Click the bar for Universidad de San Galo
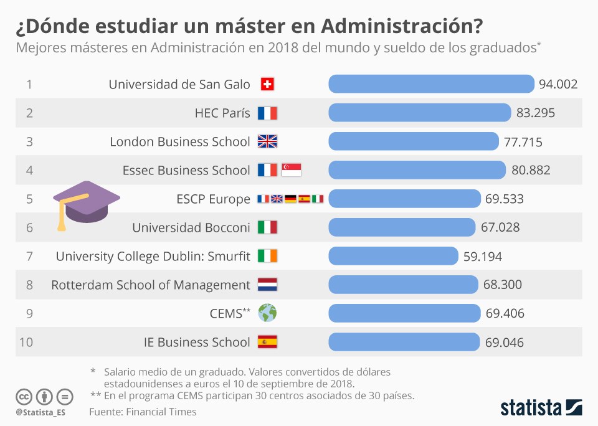[431, 84]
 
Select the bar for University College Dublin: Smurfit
[392, 256]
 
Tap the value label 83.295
[535, 113]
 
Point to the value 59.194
[482, 256]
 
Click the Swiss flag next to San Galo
[267, 84]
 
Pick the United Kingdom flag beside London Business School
[267, 141]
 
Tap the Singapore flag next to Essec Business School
[291, 170]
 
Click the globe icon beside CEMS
[267, 313]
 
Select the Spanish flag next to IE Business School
[267, 342]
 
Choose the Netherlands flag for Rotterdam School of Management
[267, 285]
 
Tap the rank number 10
[26, 342]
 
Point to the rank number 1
[29, 84]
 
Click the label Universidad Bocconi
[191, 227]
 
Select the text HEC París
[222, 113]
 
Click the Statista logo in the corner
[541, 408]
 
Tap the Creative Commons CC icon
[24, 396]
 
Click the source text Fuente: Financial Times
[143, 412]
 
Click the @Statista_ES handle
[40, 412]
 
